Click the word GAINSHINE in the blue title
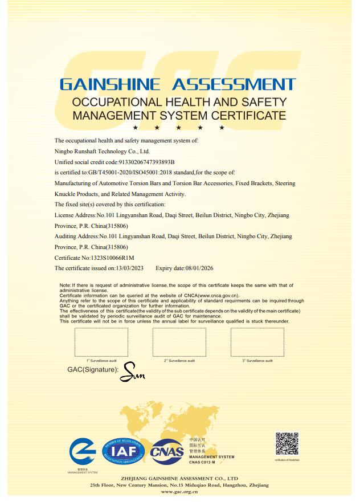[x=109, y=85]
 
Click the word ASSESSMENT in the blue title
[x=234, y=85]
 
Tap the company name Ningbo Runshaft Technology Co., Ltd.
[x=102, y=152]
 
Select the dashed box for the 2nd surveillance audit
[x=179, y=341]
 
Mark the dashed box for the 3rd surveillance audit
[x=257, y=341]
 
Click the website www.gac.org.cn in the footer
[x=179, y=491]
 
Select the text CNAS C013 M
[x=204, y=462]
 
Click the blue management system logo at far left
[x=83, y=454]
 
